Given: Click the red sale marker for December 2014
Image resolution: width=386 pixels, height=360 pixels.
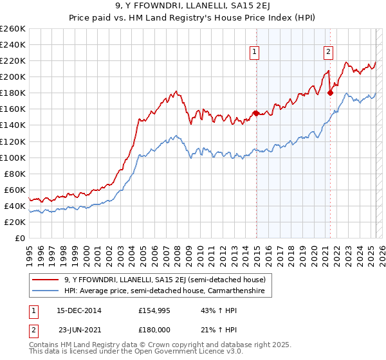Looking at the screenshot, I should [x=256, y=113].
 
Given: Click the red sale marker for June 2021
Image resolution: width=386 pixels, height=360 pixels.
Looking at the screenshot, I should [x=330, y=93].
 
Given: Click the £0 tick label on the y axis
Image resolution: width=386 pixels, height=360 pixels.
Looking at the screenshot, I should [x=19, y=238].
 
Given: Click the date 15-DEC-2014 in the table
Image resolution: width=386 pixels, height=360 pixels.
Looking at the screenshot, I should [x=79, y=310].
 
